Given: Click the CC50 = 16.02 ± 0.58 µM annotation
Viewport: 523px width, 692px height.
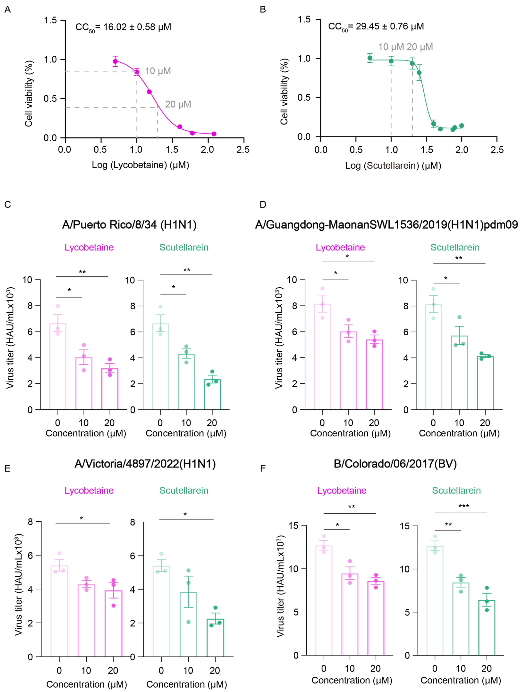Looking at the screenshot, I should (x=123, y=27).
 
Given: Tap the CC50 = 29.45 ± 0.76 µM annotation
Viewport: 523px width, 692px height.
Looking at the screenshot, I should (x=376, y=27).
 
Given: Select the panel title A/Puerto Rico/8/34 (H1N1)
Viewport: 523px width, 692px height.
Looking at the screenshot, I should (x=129, y=225).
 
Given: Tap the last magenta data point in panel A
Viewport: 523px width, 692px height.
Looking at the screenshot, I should (x=214, y=134).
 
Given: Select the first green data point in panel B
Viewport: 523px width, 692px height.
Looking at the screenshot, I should (x=370, y=58).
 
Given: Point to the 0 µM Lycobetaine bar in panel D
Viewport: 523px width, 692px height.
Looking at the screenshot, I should (x=322, y=357).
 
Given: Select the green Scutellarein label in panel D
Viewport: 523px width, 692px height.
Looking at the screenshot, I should (x=455, y=247).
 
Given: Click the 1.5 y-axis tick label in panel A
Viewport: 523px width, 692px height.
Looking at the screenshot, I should (x=50, y=21).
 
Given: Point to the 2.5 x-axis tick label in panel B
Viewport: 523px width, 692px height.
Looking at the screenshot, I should (x=497, y=150).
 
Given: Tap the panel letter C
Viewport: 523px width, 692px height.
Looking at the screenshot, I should (x=8, y=205).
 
